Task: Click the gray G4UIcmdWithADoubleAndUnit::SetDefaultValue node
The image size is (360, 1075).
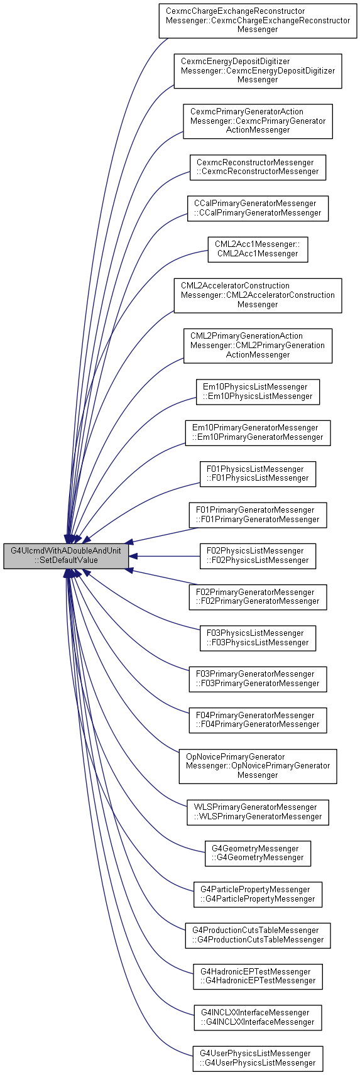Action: (66, 556)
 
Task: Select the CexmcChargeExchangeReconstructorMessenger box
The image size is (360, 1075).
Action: (258, 20)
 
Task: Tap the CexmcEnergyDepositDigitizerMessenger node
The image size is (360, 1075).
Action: (258, 70)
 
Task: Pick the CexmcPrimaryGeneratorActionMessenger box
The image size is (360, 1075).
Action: (258, 121)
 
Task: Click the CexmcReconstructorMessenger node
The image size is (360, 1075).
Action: (258, 167)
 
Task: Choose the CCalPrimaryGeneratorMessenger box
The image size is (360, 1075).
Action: (258, 209)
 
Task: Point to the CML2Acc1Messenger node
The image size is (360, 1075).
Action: (258, 249)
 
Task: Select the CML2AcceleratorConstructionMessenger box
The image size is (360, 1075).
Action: (258, 295)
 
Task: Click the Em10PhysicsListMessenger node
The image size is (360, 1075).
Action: (258, 391)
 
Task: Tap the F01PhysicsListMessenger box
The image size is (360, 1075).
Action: (258, 474)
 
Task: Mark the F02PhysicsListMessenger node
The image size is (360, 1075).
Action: (258, 556)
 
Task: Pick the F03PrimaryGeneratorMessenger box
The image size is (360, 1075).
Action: (258, 679)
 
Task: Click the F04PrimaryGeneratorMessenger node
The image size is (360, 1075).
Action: (258, 720)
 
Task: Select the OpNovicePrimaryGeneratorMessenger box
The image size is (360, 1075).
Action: (258, 766)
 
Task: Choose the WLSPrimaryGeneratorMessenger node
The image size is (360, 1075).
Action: (258, 812)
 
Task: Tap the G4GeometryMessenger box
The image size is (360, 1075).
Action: (258, 853)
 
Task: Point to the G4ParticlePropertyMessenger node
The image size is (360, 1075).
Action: (258, 894)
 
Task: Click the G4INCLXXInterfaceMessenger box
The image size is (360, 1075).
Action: (258, 1017)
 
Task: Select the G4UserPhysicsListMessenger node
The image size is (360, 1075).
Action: (258, 1059)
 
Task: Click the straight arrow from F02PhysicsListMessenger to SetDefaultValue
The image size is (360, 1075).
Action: (164, 556)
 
